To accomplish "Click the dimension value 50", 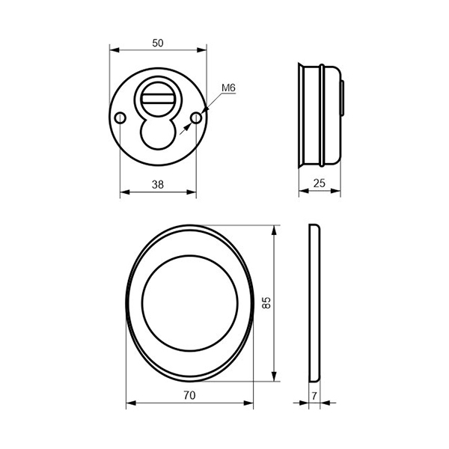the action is pos(158,43).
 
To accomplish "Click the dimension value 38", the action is pos(158,185).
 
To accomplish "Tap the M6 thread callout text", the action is pos(228,88).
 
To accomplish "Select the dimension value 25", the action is pos(320,183).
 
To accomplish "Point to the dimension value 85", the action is pos(266,302).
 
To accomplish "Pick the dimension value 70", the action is pos(189,395).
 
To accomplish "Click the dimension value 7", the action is pos(314,396).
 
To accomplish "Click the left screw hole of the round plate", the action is pos(120,117).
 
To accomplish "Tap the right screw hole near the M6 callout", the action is pos(196,117).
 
